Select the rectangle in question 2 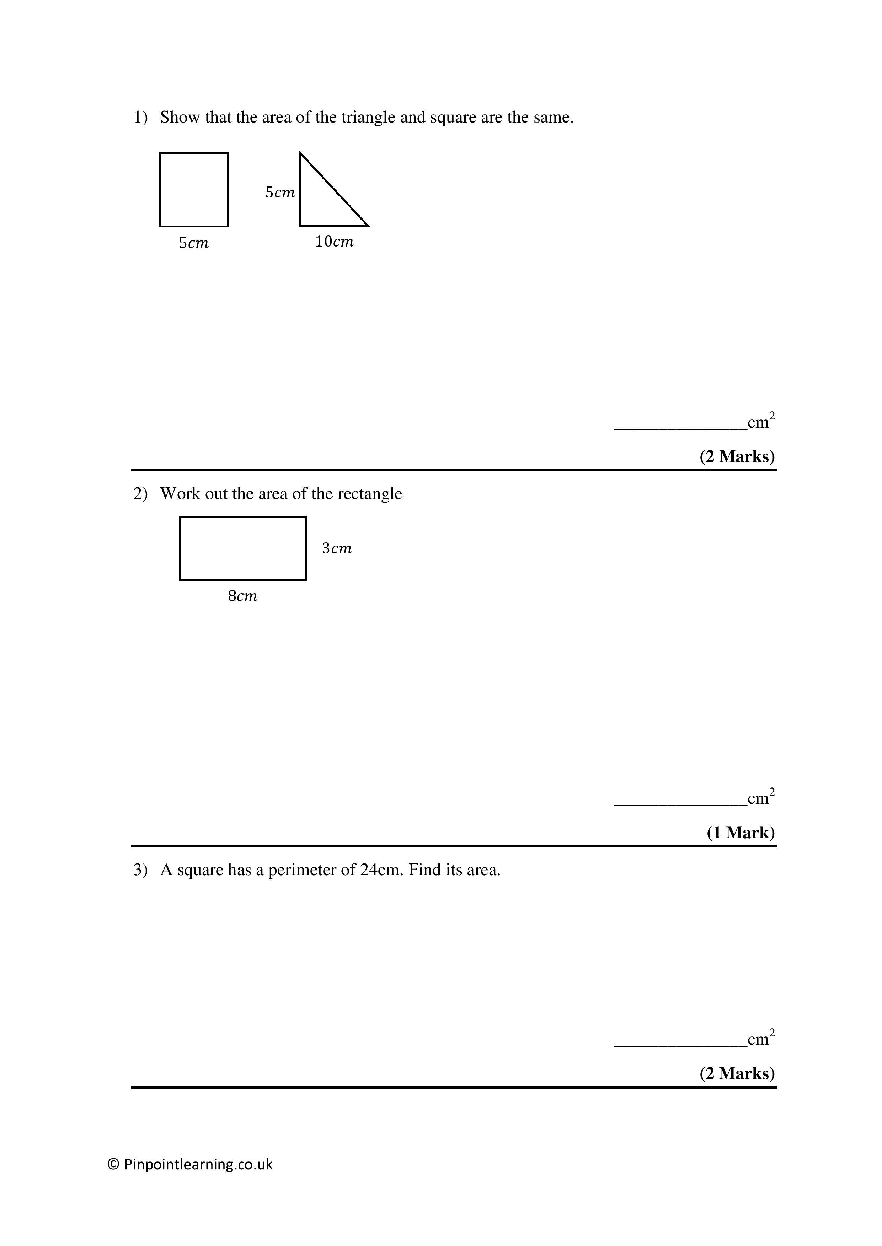pyautogui.click(x=243, y=548)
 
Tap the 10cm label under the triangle pyautogui.click(x=334, y=242)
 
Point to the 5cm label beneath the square pyautogui.click(x=193, y=243)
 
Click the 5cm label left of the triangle pyautogui.click(x=280, y=192)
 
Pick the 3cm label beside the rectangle pyautogui.click(x=337, y=549)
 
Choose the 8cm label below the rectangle pyautogui.click(x=242, y=596)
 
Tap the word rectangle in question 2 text pyautogui.click(x=369, y=494)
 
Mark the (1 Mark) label pyautogui.click(x=740, y=833)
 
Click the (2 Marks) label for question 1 pyautogui.click(x=737, y=456)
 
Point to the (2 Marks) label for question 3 pyautogui.click(x=737, y=1073)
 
